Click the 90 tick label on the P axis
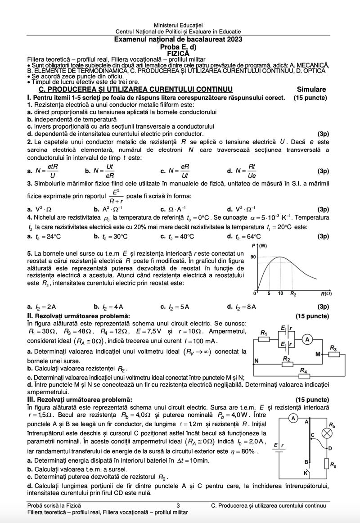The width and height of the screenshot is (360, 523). [253, 257]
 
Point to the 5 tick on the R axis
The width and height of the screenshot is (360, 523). [269, 293]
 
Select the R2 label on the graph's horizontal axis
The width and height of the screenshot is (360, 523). [293, 294]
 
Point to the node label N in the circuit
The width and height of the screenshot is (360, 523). [256, 361]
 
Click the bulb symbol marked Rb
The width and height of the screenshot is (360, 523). [328, 433]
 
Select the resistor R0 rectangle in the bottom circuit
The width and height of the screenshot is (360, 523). [328, 463]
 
